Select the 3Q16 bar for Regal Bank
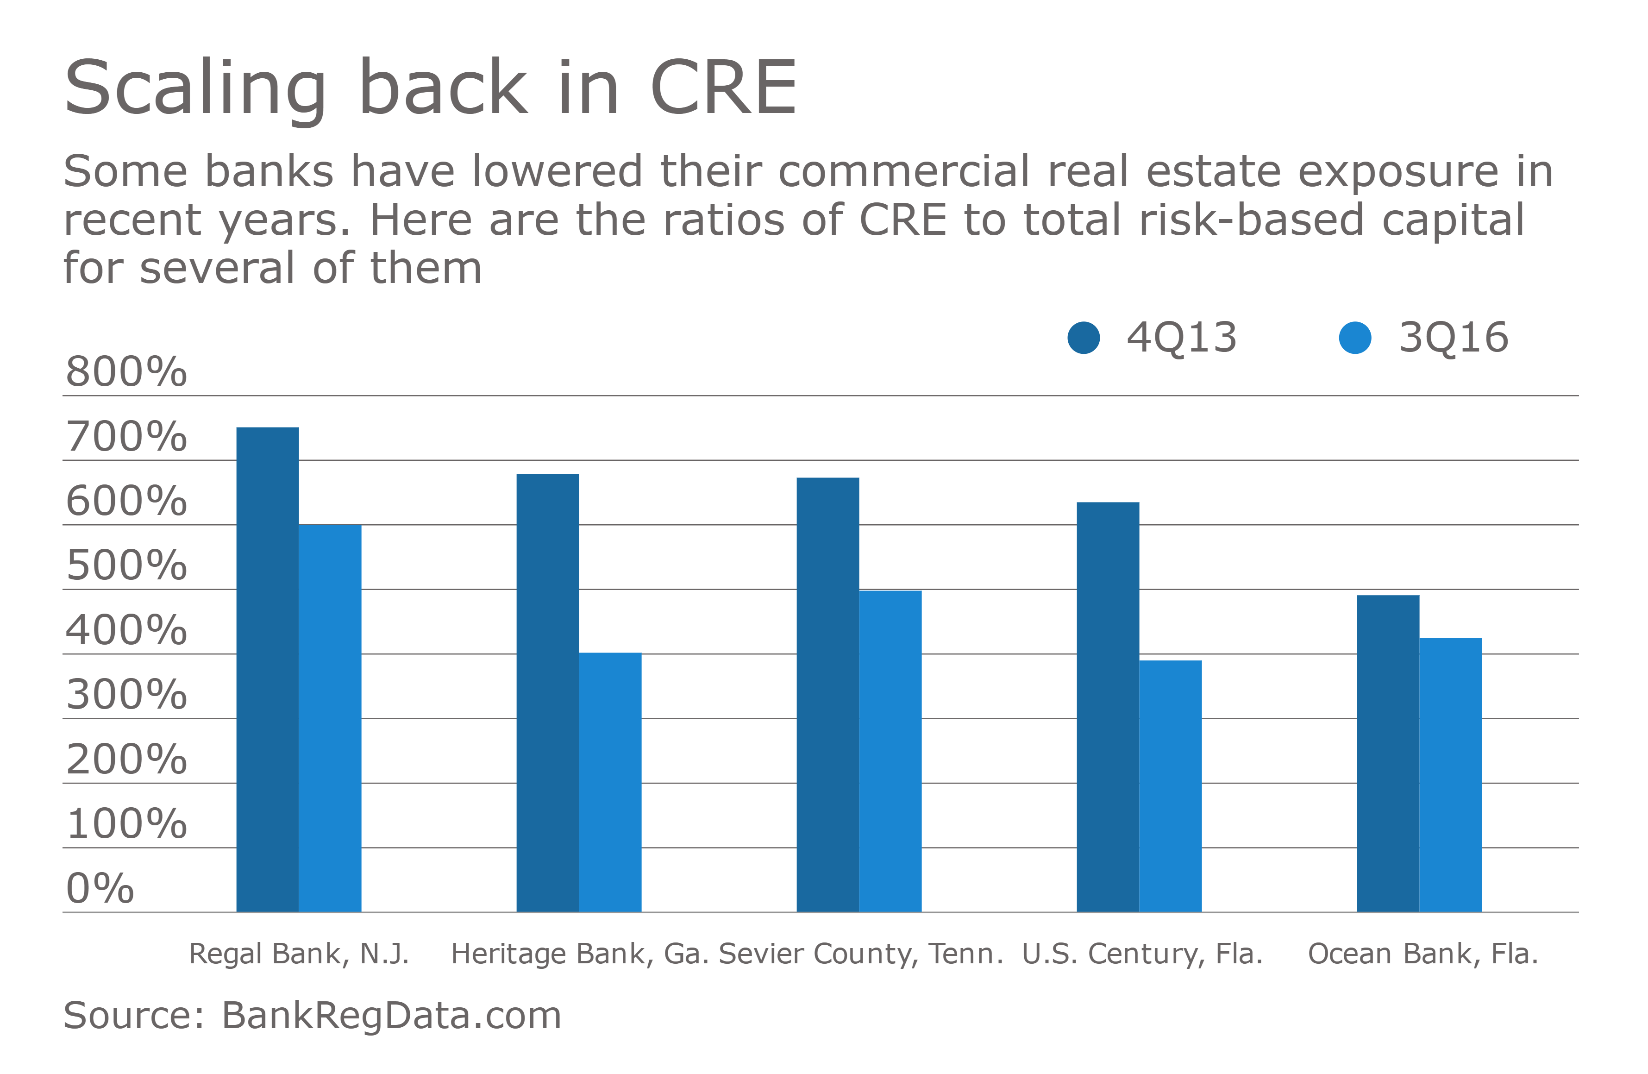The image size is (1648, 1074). tap(330, 718)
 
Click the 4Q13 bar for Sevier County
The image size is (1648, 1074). tap(827, 695)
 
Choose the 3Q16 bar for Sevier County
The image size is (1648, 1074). tap(890, 751)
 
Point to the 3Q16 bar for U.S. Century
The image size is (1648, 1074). tap(1170, 786)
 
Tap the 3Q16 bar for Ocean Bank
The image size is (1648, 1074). tap(1450, 774)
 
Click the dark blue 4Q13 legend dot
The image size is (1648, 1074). tap(1084, 338)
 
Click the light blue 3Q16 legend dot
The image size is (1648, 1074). tap(1354, 338)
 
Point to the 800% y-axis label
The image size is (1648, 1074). tap(126, 372)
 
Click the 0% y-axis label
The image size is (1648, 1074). tap(100, 888)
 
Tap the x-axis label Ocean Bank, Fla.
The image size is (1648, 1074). tap(1422, 954)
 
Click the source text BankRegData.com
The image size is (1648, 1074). tap(391, 1016)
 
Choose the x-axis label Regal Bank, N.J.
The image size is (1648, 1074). tap(299, 954)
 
